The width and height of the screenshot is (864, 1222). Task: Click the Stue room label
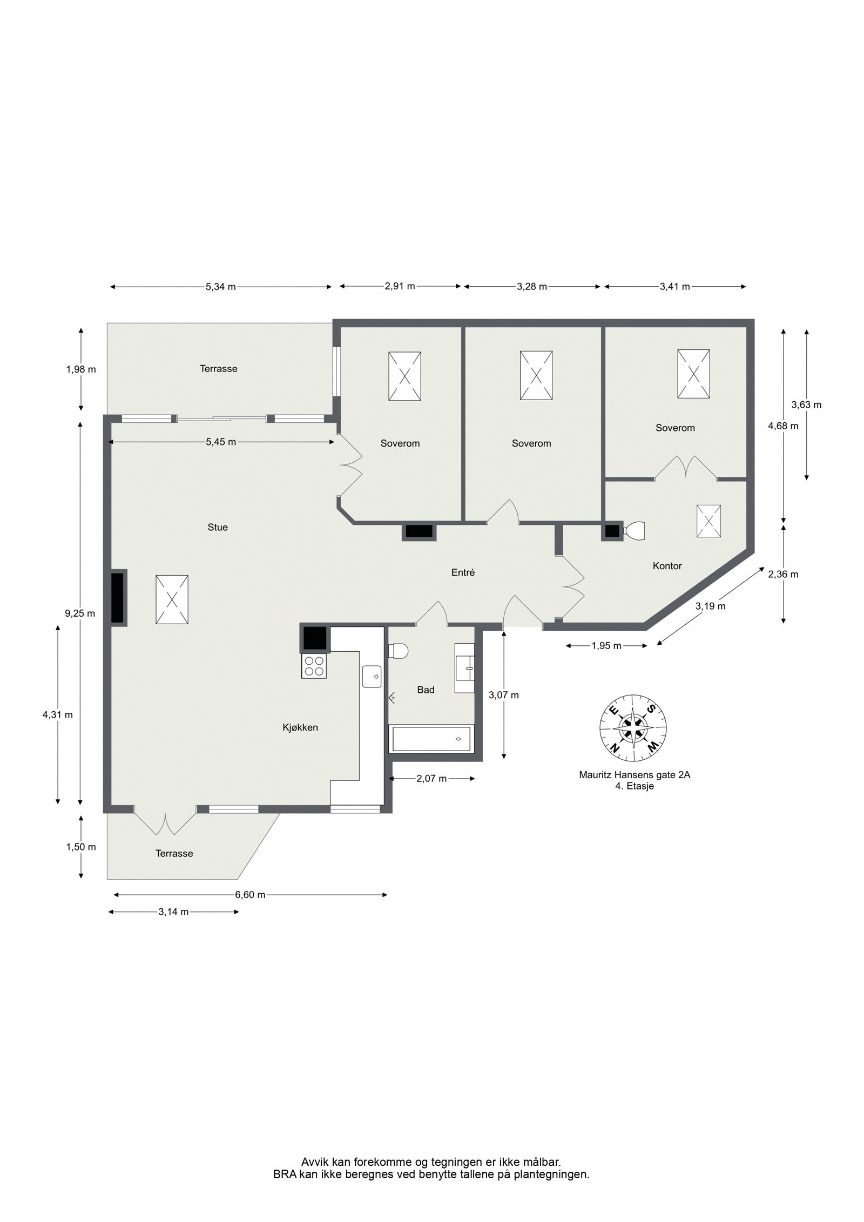click(x=218, y=527)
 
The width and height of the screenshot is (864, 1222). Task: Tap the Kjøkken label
click(x=300, y=727)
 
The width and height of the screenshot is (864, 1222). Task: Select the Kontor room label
click(x=667, y=566)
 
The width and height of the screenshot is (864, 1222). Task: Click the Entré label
click(x=463, y=572)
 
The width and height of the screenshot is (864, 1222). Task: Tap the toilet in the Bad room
click(x=399, y=651)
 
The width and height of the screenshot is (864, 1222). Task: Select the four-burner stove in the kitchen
click(x=314, y=666)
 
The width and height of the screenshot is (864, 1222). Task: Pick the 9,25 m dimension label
click(x=80, y=613)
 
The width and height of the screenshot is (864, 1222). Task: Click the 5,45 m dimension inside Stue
click(x=220, y=442)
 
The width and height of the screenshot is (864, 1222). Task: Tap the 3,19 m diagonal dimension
click(x=710, y=606)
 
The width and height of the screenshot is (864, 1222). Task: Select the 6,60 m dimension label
click(x=250, y=895)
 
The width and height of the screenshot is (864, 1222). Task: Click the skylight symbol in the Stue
click(x=172, y=600)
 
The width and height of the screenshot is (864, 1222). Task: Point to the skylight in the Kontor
click(x=708, y=521)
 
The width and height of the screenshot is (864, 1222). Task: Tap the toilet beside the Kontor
click(x=634, y=530)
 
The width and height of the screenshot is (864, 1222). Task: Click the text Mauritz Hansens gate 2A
click(x=634, y=775)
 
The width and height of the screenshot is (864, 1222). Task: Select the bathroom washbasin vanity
click(x=464, y=668)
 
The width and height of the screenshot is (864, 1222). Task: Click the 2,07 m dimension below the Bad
click(x=431, y=778)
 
